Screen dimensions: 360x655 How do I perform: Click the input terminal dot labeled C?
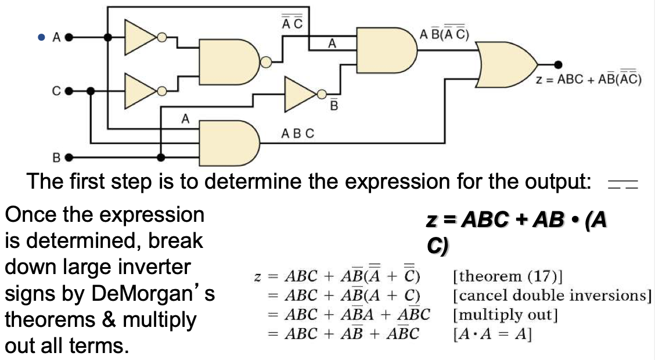pos(69,91)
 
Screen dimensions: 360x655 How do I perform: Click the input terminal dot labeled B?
pos(69,157)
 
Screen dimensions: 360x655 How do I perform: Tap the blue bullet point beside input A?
pos(41,37)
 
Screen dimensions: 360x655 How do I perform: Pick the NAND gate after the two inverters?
pos(229,62)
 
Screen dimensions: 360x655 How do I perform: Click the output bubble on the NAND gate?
pos(265,62)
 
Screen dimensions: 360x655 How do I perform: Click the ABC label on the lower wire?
pos(297,134)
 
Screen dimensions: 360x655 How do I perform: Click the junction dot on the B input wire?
pos(161,157)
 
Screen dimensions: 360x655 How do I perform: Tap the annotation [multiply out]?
pos(505,315)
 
